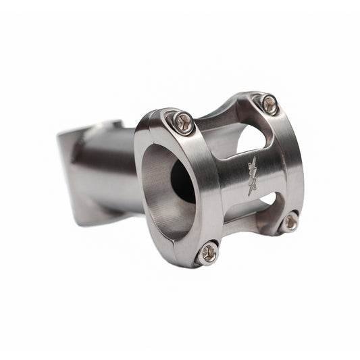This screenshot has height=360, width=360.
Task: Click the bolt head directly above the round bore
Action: (180, 122)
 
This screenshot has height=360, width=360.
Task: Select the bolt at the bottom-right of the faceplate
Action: (290, 221)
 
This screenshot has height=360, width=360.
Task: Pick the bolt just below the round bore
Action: (207, 253)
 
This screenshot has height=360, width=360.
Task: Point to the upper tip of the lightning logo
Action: (255, 159)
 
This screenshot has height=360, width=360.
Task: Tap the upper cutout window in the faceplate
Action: (251, 138)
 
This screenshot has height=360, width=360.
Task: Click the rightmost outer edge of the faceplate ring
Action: (301, 169)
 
